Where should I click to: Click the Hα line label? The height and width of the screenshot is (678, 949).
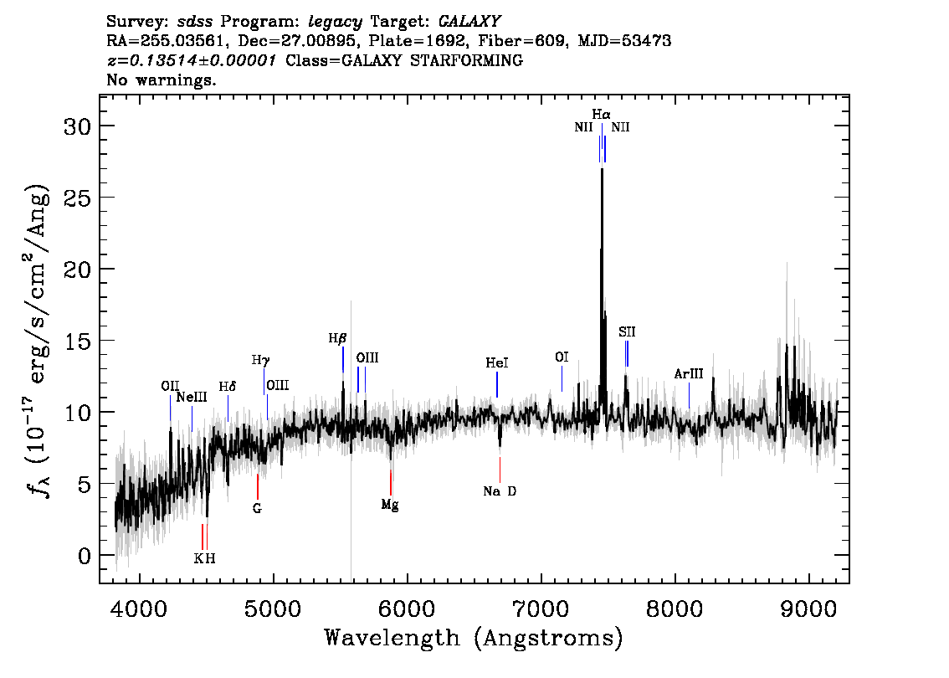point(601,115)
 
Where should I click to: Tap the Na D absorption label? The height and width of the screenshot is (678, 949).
point(500,491)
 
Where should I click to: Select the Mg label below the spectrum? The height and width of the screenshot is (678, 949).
point(390,504)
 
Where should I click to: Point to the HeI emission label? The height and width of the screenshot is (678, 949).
point(497,362)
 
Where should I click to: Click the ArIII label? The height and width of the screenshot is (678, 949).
point(689,373)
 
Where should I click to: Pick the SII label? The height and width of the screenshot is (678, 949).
point(627,331)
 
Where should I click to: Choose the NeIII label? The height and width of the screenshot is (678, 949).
point(192,397)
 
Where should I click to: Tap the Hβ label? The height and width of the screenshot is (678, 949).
point(338,338)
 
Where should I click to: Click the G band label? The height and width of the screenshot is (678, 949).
point(257,508)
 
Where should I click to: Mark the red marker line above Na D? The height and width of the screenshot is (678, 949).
point(500,470)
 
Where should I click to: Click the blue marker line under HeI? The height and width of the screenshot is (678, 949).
point(497,384)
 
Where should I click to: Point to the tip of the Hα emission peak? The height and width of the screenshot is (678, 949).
point(602,169)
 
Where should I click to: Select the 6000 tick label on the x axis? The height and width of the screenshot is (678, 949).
point(407,609)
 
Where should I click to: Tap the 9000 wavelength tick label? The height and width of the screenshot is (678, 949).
point(808,609)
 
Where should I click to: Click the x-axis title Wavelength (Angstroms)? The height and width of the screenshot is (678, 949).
point(474,638)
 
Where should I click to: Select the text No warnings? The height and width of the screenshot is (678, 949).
point(161,80)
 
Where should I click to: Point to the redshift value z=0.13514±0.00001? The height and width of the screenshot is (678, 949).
point(192,60)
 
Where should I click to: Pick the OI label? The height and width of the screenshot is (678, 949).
point(562,357)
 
